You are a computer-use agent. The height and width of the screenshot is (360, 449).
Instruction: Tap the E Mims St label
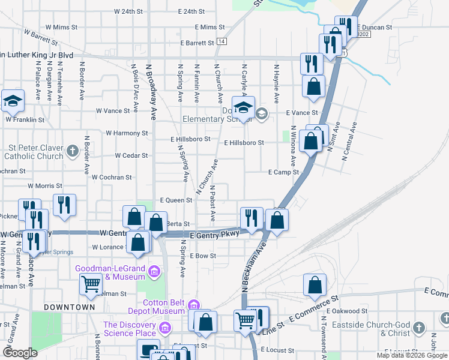209,27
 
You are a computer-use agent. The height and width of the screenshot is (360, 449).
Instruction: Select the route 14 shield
222,41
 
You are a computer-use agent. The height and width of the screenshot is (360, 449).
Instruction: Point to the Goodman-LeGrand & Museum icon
154,272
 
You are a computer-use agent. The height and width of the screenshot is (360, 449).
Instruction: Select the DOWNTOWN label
69,307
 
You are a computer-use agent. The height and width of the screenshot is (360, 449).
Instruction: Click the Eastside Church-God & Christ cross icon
418,328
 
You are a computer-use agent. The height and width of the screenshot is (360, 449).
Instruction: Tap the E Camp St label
283,172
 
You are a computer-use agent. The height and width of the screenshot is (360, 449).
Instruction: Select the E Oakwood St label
347,311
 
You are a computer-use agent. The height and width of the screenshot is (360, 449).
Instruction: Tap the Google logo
20,352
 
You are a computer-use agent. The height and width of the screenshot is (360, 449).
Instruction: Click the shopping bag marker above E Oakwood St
315,286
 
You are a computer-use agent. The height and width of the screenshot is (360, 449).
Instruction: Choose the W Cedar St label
131,155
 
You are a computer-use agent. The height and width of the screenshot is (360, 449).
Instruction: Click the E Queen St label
176,200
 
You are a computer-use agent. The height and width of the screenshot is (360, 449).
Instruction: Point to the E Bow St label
202,256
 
